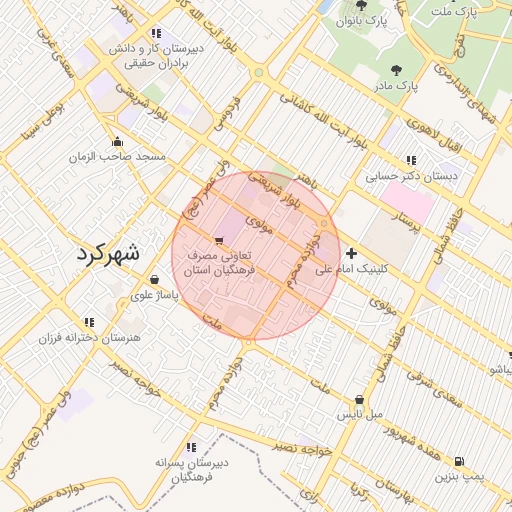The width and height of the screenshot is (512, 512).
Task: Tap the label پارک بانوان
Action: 361,20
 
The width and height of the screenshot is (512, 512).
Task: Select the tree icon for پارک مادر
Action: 399,70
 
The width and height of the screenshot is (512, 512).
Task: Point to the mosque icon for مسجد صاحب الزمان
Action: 119,141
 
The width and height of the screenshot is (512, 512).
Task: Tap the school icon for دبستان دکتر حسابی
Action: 411,160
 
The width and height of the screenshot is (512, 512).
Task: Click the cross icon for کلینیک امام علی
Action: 352,254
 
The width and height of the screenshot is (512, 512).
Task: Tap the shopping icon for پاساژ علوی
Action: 154,280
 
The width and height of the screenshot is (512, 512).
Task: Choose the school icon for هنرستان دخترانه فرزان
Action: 89,322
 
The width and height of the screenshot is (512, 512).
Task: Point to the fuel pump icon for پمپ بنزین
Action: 459,461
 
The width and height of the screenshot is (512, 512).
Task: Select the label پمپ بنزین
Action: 459,477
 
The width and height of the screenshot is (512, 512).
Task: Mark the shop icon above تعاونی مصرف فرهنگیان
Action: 219,239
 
